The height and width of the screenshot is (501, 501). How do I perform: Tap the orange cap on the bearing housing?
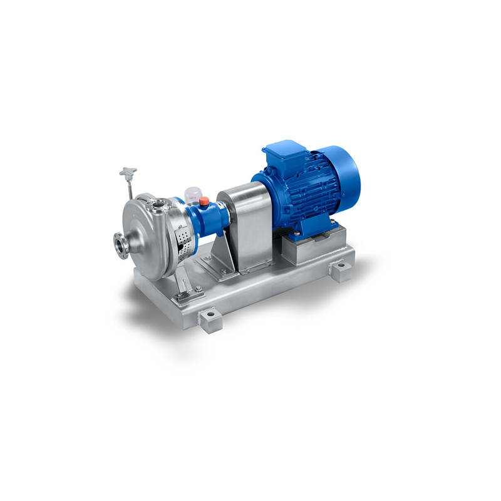click(x=204, y=200)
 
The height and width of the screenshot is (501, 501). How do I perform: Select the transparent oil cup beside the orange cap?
click(x=192, y=190)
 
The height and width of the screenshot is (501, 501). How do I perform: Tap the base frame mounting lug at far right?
click(x=341, y=271)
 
